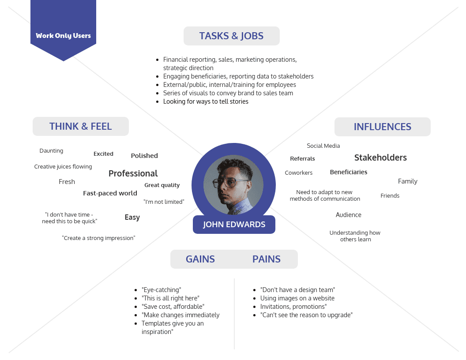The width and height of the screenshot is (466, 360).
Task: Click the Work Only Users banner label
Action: click(63, 36)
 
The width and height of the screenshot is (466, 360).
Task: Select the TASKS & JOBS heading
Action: click(231, 36)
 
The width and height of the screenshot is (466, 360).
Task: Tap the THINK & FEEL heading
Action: click(80, 127)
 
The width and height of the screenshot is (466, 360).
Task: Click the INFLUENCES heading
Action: click(382, 127)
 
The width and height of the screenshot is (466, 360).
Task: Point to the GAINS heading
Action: click(200, 259)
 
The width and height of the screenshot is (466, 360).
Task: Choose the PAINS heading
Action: click(266, 259)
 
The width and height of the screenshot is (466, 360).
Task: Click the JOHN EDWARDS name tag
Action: click(234, 225)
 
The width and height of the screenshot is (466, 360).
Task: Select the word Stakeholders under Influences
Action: click(380, 157)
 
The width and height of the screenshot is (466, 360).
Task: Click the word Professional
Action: click(133, 173)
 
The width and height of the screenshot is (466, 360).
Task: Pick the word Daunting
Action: click(51, 151)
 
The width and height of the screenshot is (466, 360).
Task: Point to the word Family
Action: click(407, 181)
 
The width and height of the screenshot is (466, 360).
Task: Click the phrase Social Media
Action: click(323, 146)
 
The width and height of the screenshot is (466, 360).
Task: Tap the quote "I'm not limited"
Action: click(164, 202)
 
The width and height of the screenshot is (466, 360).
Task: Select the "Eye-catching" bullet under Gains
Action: click(161, 290)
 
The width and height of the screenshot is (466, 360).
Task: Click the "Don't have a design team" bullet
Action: click(297, 290)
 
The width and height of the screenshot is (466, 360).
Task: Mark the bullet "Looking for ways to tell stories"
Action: click(206, 101)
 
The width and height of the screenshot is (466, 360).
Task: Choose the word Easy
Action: click(132, 217)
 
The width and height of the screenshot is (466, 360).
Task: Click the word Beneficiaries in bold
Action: click(348, 172)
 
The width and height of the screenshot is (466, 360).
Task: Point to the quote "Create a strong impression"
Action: click(98, 238)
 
